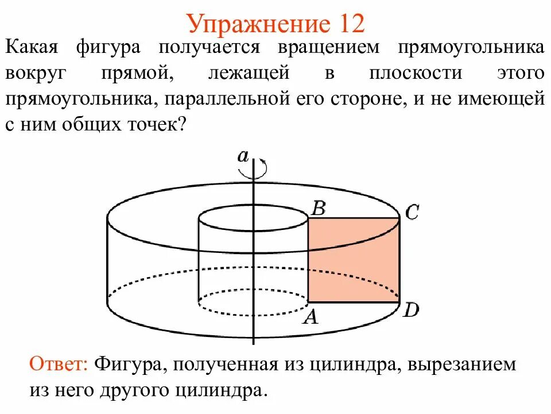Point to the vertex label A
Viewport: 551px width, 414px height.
(311, 317)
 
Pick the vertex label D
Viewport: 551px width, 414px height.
(411, 311)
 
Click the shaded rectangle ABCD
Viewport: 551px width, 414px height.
(354, 260)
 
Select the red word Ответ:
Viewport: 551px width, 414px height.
(59, 364)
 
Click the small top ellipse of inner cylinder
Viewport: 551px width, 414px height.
(253, 218)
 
